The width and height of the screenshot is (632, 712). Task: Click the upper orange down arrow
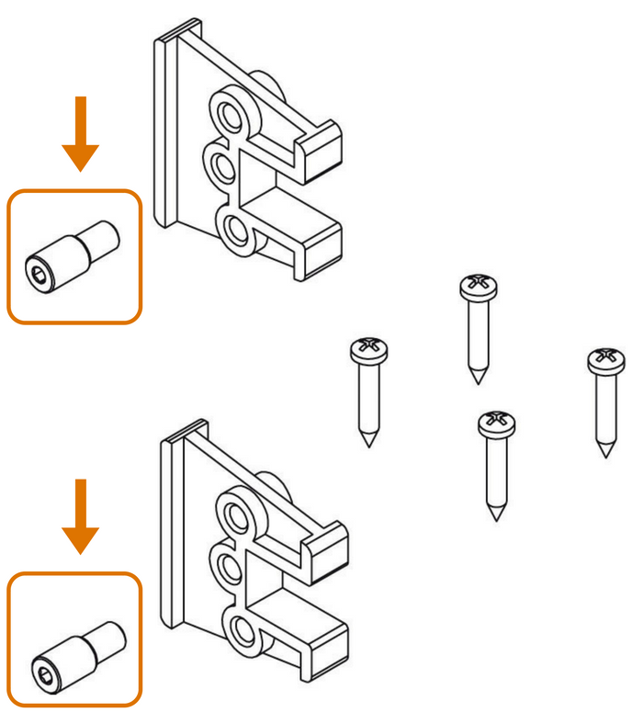point(81,133)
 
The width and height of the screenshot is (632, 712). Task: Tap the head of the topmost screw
point(480,287)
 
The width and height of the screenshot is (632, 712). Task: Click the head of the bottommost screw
point(497,424)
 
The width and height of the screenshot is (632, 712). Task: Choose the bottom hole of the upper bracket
point(235,228)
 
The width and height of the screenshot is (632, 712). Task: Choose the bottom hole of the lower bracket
point(242,630)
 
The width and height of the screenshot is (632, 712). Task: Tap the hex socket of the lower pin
point(44,669)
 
